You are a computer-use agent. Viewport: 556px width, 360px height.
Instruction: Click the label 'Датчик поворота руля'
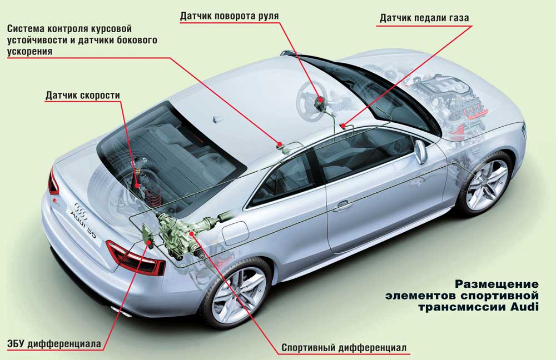(x=229, y=16)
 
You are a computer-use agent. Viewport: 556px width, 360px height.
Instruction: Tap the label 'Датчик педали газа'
(x=424, y=18)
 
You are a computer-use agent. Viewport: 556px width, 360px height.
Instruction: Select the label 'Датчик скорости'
(x=83, y=96)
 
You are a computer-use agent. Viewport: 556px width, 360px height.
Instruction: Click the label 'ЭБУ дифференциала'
(x=54, y=343)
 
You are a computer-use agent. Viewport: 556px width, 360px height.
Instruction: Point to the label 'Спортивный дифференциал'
(x=344, y=348)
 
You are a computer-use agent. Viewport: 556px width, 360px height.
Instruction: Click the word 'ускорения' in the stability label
(x=30, y=51)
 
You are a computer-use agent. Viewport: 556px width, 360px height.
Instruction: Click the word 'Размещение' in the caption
(x=497, y=284)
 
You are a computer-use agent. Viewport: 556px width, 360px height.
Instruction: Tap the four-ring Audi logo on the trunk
(x=81, y=207)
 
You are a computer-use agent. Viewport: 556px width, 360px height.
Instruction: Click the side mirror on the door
(x=421, y=151)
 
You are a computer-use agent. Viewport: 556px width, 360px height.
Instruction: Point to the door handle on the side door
(x=342, y=206)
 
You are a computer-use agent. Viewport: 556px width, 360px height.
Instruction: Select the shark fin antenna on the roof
(x=217, y=119)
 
